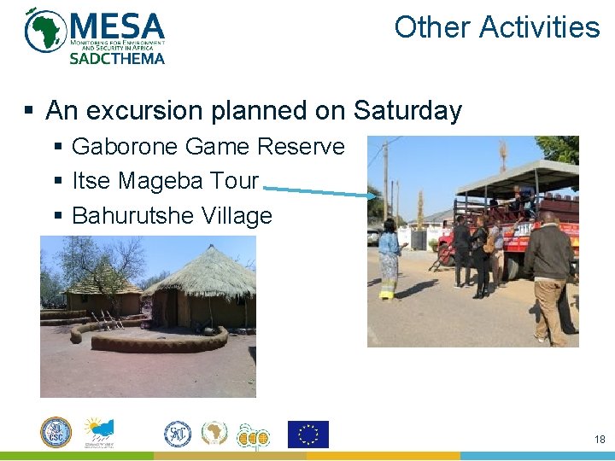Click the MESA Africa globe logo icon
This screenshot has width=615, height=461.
pos(45,31)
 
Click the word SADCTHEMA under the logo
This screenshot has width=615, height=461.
pos(116,58)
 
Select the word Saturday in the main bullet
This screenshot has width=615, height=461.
pos(407,111)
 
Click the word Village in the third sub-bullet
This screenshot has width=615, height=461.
pos(237,216)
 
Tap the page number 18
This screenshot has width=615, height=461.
pos(599,439)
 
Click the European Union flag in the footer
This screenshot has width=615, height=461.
pos(307,435)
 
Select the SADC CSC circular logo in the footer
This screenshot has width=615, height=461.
pos(56,433)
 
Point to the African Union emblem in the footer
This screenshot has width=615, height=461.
pos(214,434)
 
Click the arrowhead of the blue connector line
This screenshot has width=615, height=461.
pos(372,196)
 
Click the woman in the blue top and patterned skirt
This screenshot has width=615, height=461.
pos(389,256)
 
